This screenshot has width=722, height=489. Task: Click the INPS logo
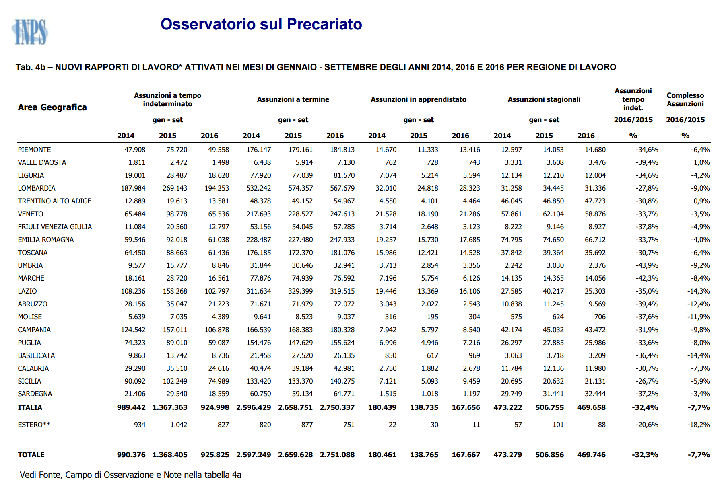[x=30, y=32]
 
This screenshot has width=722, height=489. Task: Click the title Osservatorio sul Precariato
[x=261, y=24]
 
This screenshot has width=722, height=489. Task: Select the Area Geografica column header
[x=52, y=107]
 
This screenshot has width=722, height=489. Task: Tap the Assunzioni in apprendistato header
[x=419, y=99]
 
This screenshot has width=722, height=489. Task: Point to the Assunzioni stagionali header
[x=544, y=99]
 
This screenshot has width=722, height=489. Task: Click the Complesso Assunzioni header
[x=685, y=99]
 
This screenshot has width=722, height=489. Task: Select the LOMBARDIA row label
[x=37, y=188]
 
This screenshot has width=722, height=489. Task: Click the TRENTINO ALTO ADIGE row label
[x=55, y=201]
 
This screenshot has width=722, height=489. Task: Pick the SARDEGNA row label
[x=35, y=394]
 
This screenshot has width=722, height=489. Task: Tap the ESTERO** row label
[x=34, y=425]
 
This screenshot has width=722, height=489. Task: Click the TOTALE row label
[x=31, y=455]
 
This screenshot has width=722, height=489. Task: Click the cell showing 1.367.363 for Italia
[x=170, y=407]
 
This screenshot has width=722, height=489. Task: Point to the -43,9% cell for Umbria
[x=647, y=265]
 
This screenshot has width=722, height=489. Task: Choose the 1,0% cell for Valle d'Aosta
[x=701, y=162]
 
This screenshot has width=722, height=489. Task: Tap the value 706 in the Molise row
[x=600, y=317]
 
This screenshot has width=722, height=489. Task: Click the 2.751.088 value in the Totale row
[x=337, y=455]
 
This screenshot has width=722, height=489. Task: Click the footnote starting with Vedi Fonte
[x=130, y=475]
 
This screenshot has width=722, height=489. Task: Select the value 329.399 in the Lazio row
[x=301, y=291]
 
